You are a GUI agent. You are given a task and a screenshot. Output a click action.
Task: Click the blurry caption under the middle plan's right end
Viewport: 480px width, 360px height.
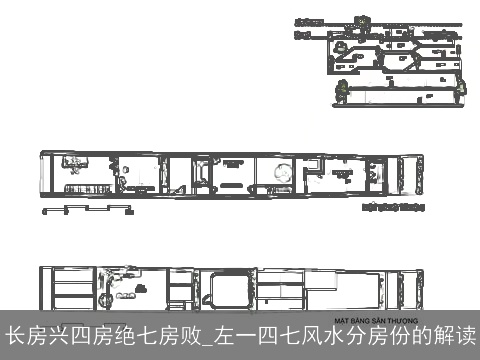point(393,209)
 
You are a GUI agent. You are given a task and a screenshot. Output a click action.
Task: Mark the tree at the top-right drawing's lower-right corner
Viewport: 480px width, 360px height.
point(461,91)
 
